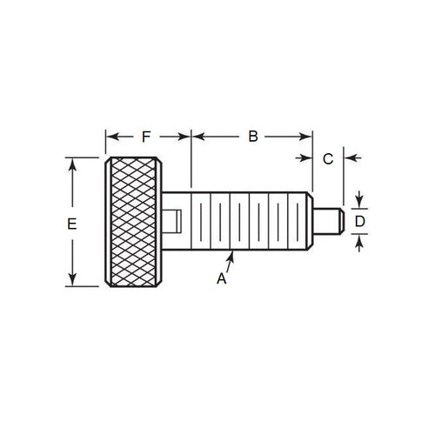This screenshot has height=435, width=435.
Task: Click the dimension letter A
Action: [x=221, y=279]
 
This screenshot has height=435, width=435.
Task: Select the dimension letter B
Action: [x=253, y=136]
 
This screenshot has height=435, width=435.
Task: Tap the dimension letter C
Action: [x=328, y=158]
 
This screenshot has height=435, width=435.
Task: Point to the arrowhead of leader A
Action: [x=232, y=252]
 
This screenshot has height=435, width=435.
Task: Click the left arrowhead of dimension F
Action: [x=110, y=136]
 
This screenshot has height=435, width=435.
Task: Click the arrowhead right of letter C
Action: [x=346, y=158]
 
